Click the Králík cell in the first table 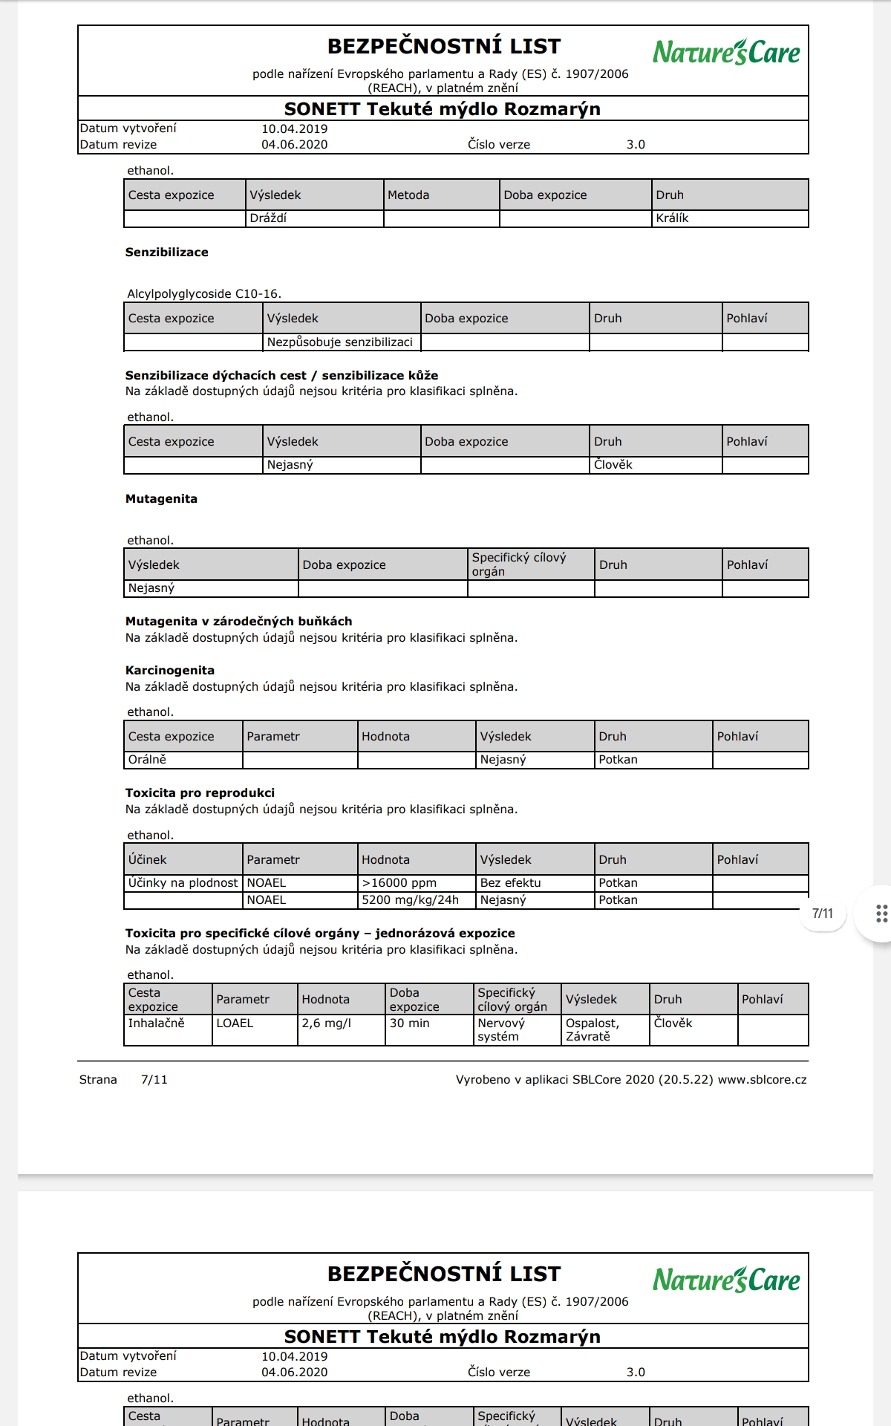[x=672, y=218]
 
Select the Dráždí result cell [x=268, y=218]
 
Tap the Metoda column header [x=408, y=195]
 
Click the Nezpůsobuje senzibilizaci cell [x=340, y=342]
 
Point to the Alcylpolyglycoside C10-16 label [x=204, y=294]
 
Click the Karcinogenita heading [x=170, y=671]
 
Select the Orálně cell [x=147, y=760]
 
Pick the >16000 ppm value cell [x=399, y=883]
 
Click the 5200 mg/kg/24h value [x=411, y=900]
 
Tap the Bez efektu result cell [x=511, y=883]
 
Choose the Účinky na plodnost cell [x=183, y=883]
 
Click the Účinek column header [x=148, y=860]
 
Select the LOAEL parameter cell [x=235, y=1023]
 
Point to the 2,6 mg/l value [x=327, y=1023]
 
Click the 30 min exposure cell [x=410, y=1023]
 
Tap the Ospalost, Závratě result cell [x=593, y=1029]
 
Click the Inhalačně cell [x=156, y=1023]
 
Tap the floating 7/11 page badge [x=823, y=914]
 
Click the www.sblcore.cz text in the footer [x=762, y=1080]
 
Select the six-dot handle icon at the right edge [x=881, y=914]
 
